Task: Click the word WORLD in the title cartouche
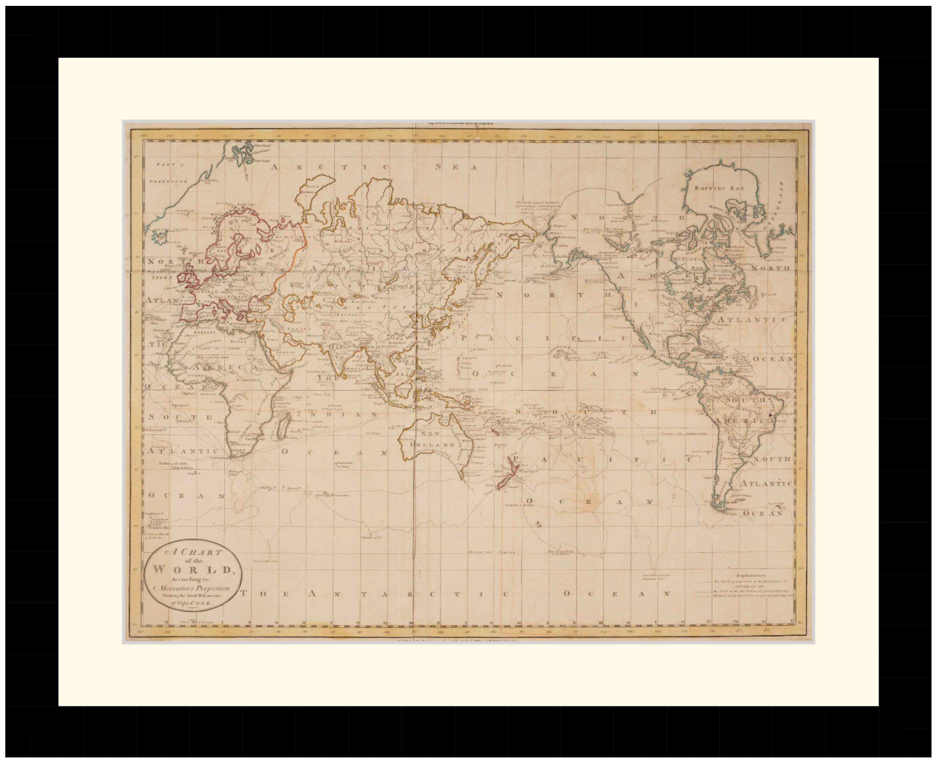193,570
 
